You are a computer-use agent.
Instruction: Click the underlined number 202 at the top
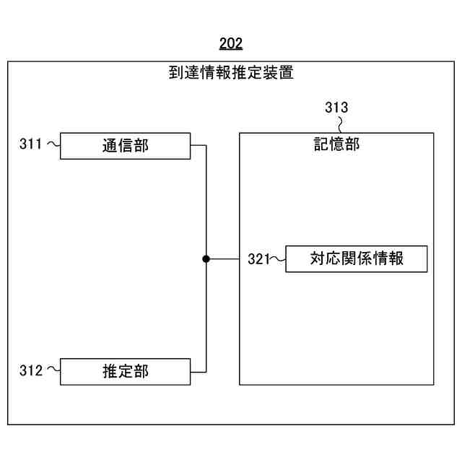230,44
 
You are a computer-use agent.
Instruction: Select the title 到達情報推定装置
231,73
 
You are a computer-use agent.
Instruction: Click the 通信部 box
125,145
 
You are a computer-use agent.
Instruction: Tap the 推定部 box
125,371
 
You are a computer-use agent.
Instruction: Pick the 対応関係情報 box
357,258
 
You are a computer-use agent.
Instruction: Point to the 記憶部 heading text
336,144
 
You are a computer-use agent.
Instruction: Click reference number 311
30,144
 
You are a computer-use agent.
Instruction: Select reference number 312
30,371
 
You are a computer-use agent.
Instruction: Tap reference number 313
336,108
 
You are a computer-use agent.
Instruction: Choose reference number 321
258,258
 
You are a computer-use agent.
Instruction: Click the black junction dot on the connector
206,258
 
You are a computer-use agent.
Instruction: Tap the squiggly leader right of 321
279,258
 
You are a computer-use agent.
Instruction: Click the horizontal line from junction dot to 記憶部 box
223,258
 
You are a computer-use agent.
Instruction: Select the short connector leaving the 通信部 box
199,145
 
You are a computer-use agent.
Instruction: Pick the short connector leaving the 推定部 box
199,371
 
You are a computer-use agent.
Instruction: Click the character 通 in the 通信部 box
109,145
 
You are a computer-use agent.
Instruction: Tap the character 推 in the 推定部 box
109,371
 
